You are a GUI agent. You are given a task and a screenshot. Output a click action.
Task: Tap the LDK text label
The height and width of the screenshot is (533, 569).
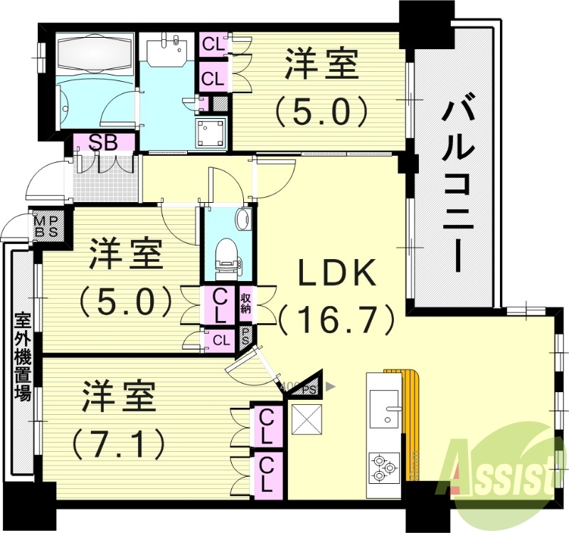[x=336, y=273]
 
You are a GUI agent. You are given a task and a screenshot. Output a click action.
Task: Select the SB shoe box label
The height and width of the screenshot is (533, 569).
[x=103, y=142]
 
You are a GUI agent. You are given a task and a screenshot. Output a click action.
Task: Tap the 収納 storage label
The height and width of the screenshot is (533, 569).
[x=246, y=302]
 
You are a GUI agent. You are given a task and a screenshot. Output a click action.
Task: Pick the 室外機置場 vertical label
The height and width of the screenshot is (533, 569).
[x=23, y=359]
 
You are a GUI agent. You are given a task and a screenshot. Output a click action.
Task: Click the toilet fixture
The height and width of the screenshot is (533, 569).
[x=227, y=255]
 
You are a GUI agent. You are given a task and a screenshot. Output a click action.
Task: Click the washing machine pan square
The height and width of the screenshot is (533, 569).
[x=211, y=133]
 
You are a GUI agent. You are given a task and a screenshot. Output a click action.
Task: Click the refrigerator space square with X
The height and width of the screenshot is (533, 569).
[x=307, y=420]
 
